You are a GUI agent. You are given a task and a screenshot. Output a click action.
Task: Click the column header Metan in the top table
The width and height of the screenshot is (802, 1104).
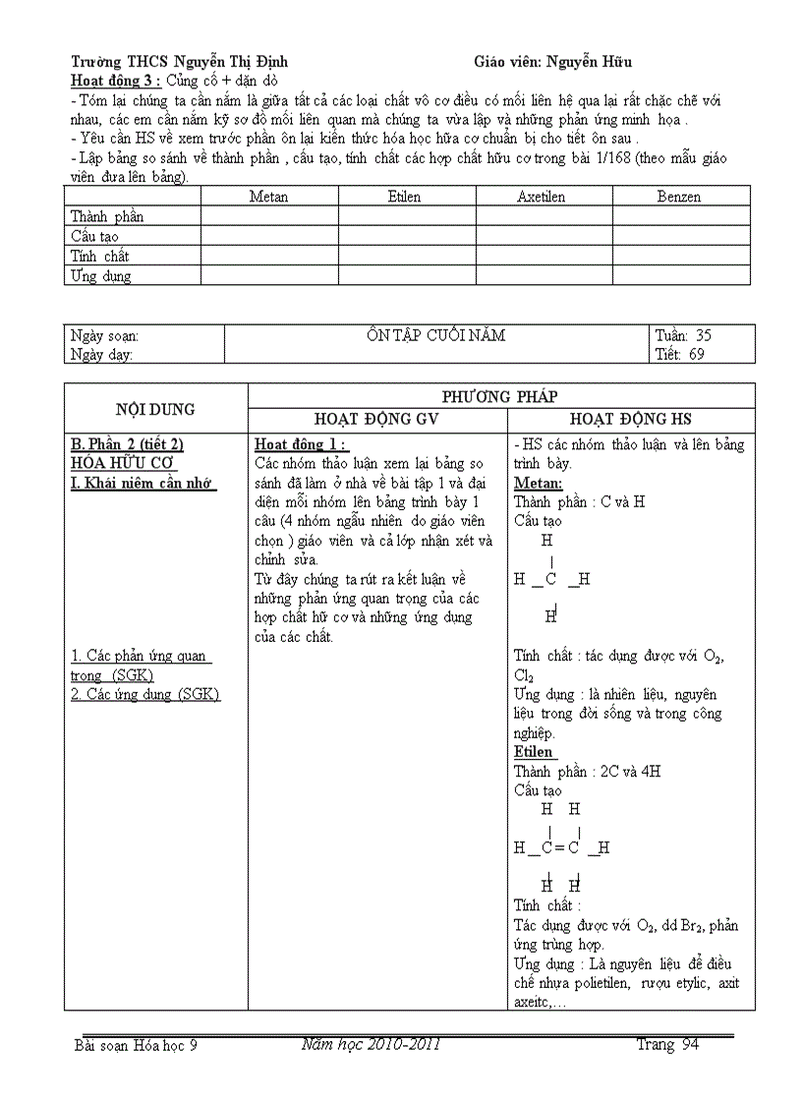click(x=268, y=197)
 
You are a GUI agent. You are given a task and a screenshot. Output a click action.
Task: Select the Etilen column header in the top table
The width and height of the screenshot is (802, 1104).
click(x=404, y=197)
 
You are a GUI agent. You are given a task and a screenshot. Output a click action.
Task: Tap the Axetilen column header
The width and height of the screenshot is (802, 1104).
click(x=542, y=197)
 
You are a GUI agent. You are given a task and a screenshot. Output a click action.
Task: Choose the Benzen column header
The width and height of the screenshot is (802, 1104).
click(x=679, y=197)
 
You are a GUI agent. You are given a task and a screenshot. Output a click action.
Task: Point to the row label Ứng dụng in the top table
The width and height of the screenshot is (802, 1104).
click(x=100, y=276)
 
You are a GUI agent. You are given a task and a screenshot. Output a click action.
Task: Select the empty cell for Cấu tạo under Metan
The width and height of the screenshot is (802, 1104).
click(x=268, y=236)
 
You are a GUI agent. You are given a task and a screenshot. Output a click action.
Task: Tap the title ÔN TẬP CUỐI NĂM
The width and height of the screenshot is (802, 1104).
click(x=435, y=335)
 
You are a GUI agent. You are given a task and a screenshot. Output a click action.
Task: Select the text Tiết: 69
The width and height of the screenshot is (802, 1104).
click(x=680, y=355)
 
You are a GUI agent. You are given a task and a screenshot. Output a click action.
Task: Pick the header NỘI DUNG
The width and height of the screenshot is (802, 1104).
click(x=155, y=409)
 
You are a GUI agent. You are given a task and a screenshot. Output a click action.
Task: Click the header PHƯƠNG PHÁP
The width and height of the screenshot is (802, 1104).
click(x=500, y=397)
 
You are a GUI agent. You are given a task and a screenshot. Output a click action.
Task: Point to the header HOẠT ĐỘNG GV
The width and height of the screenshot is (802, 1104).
click(x=377, y=420)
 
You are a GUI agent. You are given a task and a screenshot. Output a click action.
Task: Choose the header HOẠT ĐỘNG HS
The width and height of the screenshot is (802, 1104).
click(x=631, y=420)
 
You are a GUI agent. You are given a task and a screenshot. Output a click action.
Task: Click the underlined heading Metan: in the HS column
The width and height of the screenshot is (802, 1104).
click(x=539, y=483)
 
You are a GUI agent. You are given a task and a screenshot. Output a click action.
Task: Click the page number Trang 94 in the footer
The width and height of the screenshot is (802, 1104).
click(x=667, y=1045)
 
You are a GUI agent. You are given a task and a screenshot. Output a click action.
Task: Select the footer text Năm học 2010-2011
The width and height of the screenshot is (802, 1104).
click(x=371, y=1044)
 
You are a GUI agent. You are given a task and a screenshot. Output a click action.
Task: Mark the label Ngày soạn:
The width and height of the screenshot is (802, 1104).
click(x=104, y=336)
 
